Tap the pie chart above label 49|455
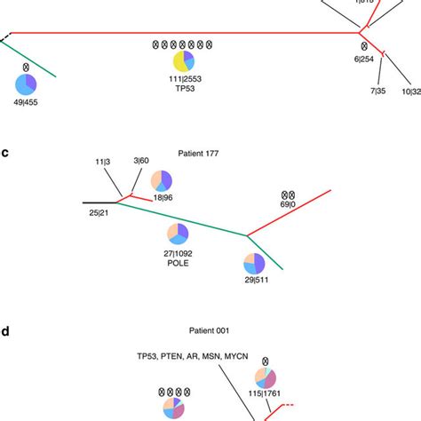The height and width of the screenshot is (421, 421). coord(26,85)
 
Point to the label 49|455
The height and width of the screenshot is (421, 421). coord(27,103)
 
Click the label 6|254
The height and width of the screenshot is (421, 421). coord(363,59)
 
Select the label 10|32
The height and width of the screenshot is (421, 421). coord(410,90)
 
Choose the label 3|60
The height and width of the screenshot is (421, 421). coord(142,160)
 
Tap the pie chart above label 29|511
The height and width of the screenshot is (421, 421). coord(254,263)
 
